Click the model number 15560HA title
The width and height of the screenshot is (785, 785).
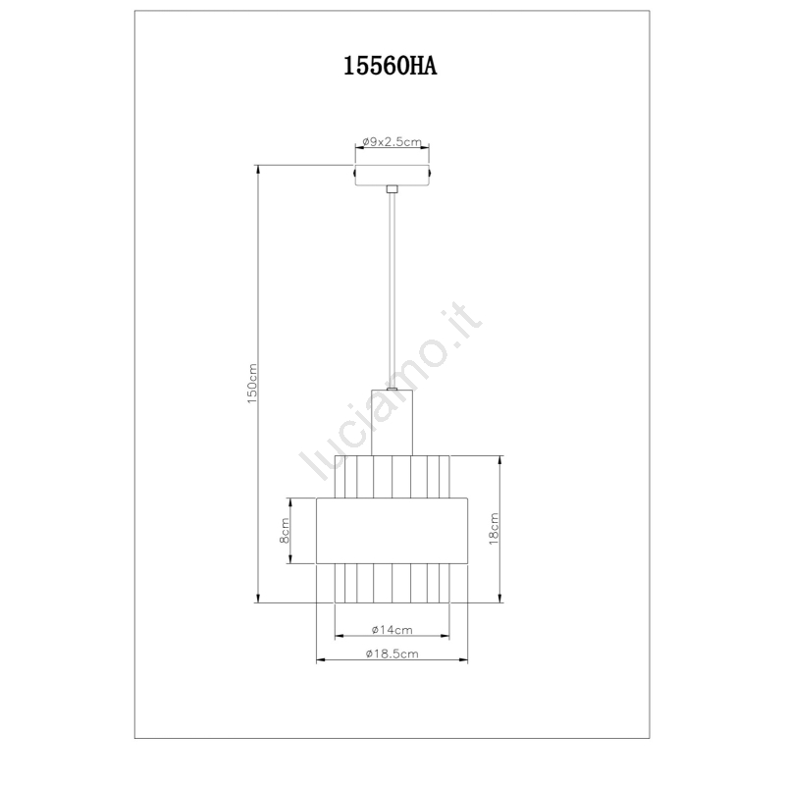click(390, 66)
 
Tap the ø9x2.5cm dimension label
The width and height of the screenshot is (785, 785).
click(392, 141)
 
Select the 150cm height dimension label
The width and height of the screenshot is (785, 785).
click(252, 384)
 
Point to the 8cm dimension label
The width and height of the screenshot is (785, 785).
click(284, 531)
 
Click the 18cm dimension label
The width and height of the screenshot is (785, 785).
click(494, 529)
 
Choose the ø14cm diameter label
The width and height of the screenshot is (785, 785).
click(392, 630)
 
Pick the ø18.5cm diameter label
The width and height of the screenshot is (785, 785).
click(392, 654)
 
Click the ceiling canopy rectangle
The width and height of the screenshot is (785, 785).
click(392, 175)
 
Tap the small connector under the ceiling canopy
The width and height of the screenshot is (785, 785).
click(392, 189)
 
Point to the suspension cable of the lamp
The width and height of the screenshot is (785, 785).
click(392, 290)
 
